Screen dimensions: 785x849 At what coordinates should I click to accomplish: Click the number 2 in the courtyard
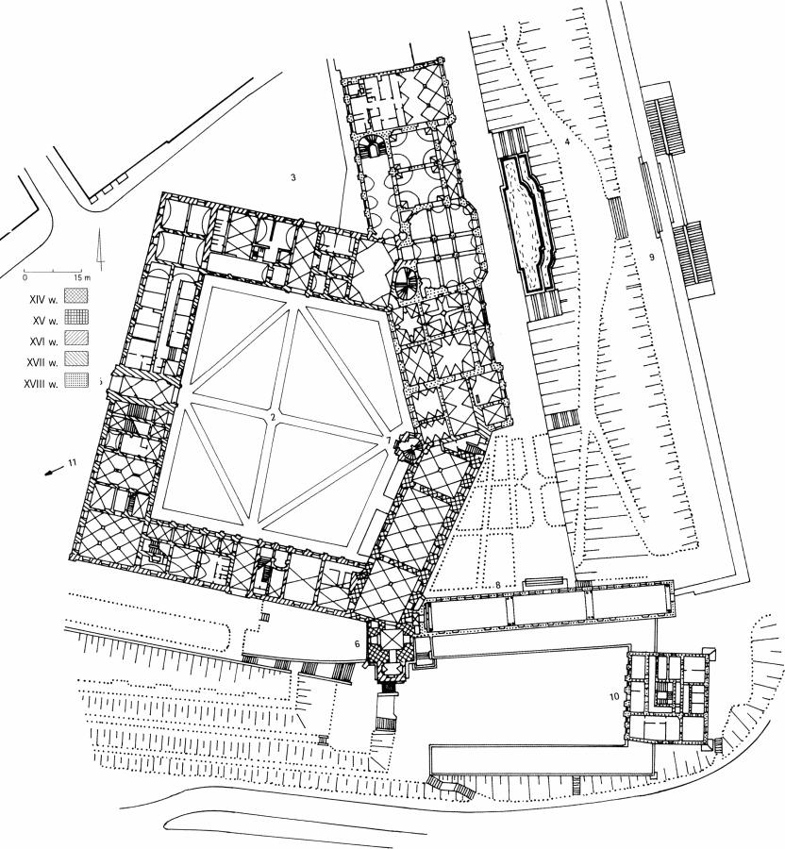[273, 417]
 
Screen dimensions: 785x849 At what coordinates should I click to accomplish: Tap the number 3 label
[292, 177]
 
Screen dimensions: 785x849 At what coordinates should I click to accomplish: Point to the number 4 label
[567, 141]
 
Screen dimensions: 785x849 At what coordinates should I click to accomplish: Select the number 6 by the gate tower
[357, 643]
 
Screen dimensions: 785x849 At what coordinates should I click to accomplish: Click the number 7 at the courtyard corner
[388, 441]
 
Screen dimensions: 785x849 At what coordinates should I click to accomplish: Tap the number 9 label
[652, 258]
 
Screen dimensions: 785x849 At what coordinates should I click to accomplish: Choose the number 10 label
[614, 696]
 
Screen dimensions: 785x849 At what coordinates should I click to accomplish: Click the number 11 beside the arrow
[73, 462]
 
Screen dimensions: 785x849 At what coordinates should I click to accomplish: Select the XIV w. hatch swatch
[75, 295]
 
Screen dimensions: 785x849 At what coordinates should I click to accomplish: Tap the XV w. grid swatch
[75, 317]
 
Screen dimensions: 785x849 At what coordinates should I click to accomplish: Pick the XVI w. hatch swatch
[75, 338]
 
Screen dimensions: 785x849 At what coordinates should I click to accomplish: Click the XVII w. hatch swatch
[75, 359]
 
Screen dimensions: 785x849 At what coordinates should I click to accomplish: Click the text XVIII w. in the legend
[42, 385]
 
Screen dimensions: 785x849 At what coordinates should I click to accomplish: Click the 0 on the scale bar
[25, 277]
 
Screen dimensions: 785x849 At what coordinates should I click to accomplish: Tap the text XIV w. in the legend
[43, 299]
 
